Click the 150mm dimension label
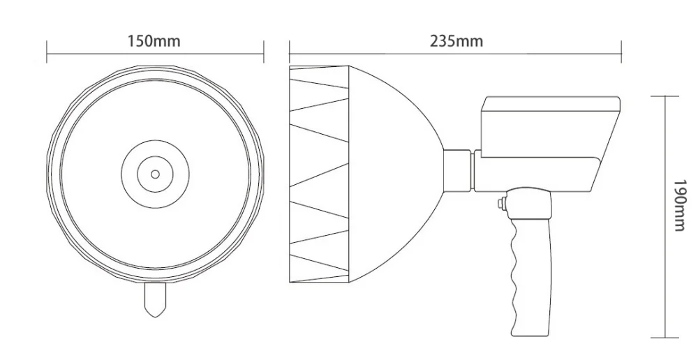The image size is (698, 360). pos(154,41)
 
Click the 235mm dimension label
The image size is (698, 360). pos(456,41)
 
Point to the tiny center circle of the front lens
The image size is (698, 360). pos(155,173)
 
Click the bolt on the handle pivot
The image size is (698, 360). pos(501,204)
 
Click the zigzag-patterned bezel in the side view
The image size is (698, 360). pos(319,174)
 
